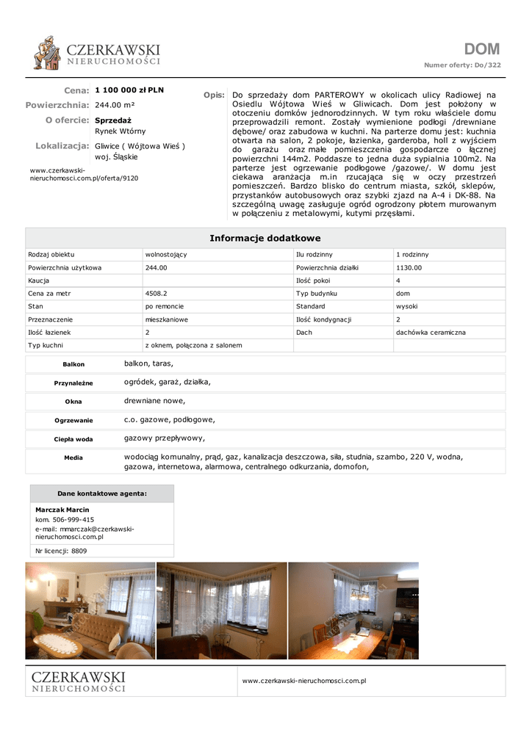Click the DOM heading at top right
481,49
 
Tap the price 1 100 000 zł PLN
129,90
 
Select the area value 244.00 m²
115,105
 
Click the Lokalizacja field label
62,146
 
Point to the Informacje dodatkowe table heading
265,238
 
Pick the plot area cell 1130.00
409,267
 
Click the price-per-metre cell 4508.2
157,293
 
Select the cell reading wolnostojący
166,254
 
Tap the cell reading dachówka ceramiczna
431,332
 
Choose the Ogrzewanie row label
73,421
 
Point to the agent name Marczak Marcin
62,510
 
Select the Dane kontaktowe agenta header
102,493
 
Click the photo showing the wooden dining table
353,611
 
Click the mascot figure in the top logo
48,53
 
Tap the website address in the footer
304,681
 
